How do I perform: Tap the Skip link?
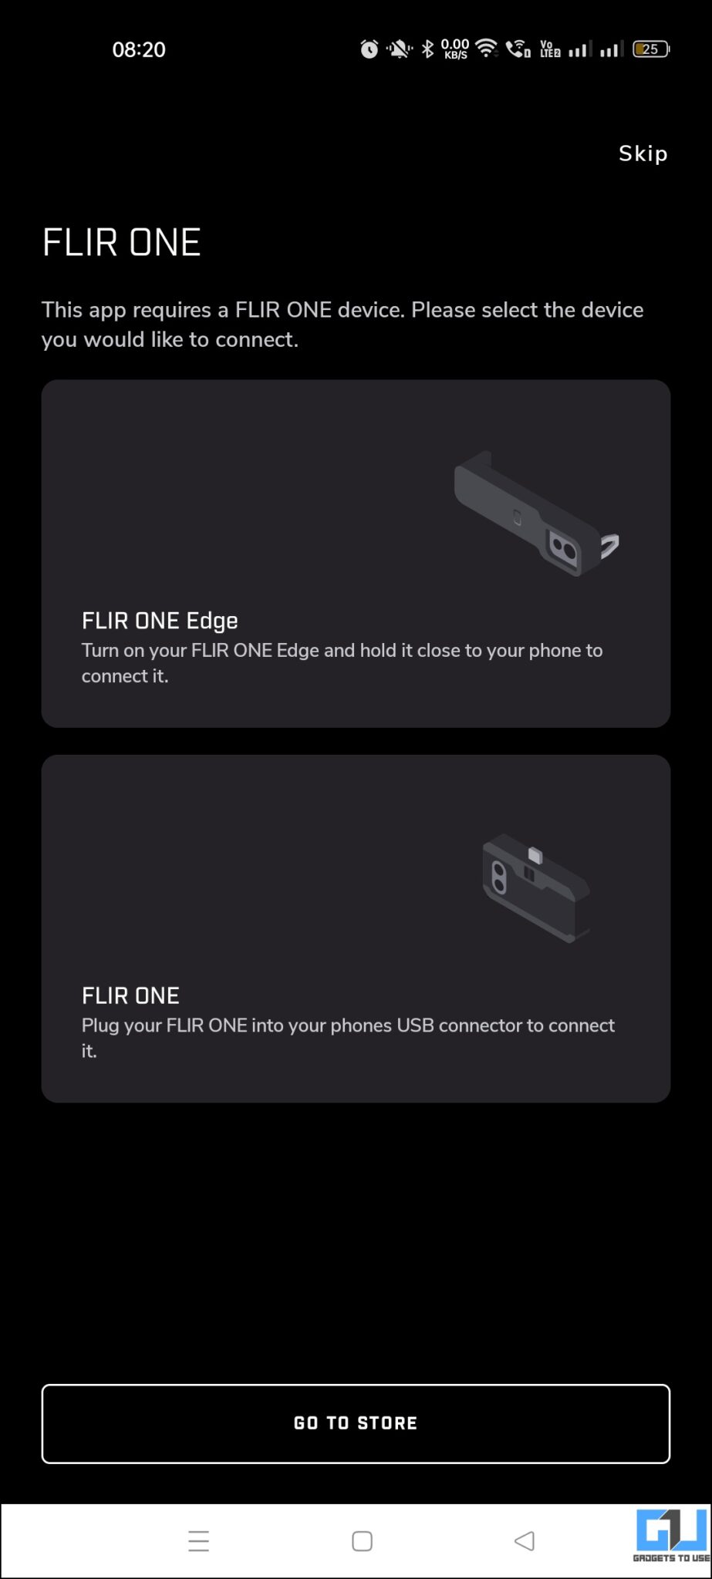click(643, 153)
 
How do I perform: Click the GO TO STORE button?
click(356, 1423)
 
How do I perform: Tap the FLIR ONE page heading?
click(121, 242)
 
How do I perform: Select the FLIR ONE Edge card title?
click(160, 621)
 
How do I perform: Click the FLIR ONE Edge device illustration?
click(535, 513)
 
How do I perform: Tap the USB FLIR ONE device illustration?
click(536, 887)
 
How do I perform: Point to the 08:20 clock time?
click(139, 49)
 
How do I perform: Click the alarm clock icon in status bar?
click(369, 49)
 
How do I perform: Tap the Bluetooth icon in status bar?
click(427, 49)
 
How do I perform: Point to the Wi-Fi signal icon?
click(486, 49)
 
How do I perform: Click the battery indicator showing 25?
click(651, 49)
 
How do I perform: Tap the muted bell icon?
click(399, 50)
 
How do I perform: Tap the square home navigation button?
click(362, 1541)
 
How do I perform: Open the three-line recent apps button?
click(199, 1541)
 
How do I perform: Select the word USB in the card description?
click(416, 1025)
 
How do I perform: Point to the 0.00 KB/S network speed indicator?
click(455, 49)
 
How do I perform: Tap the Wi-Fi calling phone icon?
click(518, 49)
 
